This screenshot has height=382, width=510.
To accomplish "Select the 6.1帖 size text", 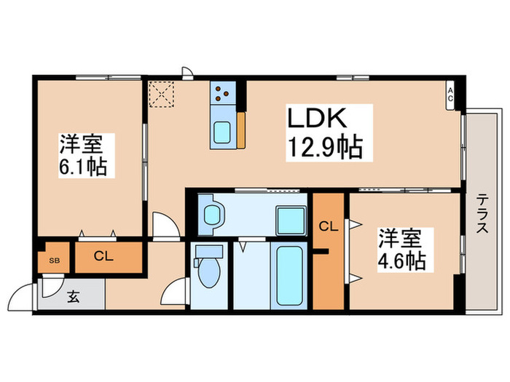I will (83, 166).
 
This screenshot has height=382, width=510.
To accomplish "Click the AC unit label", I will (450, 95).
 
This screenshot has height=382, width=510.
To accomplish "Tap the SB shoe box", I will (52, 259).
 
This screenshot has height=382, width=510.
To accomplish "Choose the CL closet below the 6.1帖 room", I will (103, 256).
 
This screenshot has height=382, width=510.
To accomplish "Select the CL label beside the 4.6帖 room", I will (329, 226).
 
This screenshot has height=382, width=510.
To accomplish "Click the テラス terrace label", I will (482, 215).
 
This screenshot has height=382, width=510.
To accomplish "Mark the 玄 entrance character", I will (74, 297).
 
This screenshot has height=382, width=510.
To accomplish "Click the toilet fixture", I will (208, 270).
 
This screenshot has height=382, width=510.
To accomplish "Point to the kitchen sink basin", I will (222, 132).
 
